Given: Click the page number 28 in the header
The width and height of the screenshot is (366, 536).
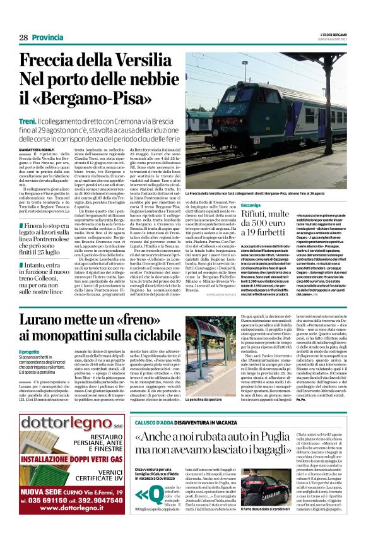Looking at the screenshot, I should [x=23, y=38].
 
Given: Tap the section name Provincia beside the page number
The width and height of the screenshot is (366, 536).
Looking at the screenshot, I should [x=48, y=38].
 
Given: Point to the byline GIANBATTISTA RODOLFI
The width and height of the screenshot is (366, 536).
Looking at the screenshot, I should [x=38, y=151].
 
